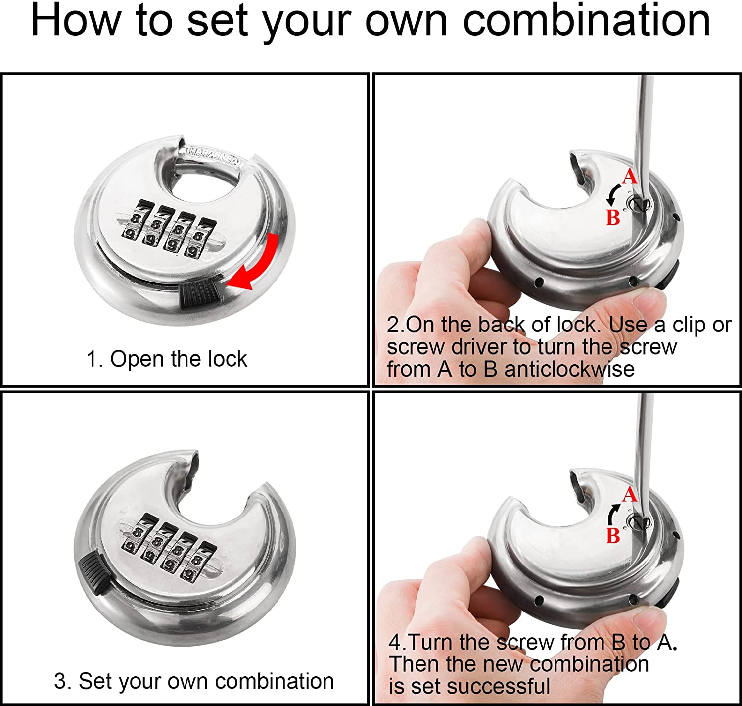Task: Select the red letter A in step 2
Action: (x=629, y=176)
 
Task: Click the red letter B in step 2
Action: (x=613, y=218)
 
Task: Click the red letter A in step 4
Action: (x=629, y=495)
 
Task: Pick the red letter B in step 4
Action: (x=613, y=536)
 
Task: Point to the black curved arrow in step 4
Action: (x=611, y=514)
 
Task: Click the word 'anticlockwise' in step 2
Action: (x=569, y=369)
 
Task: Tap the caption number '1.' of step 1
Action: (x=94, y=359)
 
